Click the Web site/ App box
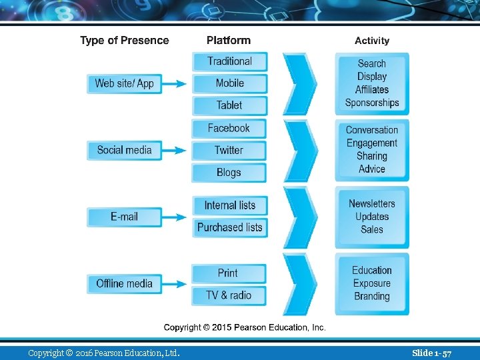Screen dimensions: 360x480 (x=124, y=83)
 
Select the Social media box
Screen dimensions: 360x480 (x=124, y=150)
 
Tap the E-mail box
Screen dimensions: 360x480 (x=124, y=217)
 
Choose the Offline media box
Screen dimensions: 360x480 (x=124, y=283)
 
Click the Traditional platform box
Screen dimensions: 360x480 (x=229, y=61)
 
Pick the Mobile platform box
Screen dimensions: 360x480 (x=229, y=83)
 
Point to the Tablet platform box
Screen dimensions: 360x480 (x=229, y=105)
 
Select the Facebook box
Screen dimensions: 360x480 (x=229, y=128)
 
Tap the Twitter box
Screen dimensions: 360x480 (x=229, y=150)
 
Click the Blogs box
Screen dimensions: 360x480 (x=229, y=173)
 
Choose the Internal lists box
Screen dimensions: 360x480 (x=229, y=205)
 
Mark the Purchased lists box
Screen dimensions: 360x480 (x=229, y=227)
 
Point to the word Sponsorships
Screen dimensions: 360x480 (x=372, y=103)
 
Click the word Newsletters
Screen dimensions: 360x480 (x=372, y=203)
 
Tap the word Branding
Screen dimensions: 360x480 (x=372, y=296)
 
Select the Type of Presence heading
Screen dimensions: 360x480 (x=125, y=41)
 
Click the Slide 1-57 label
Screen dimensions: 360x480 (x=431, y=352)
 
